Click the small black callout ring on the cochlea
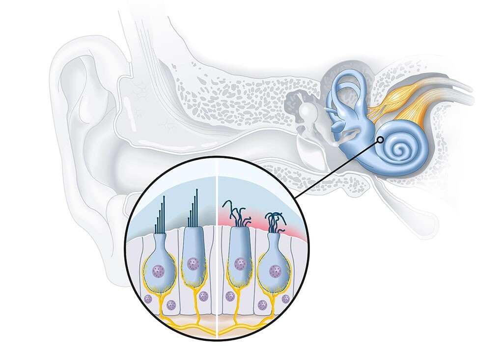380,140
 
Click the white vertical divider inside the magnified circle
217,246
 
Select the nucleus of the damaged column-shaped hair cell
240,264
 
